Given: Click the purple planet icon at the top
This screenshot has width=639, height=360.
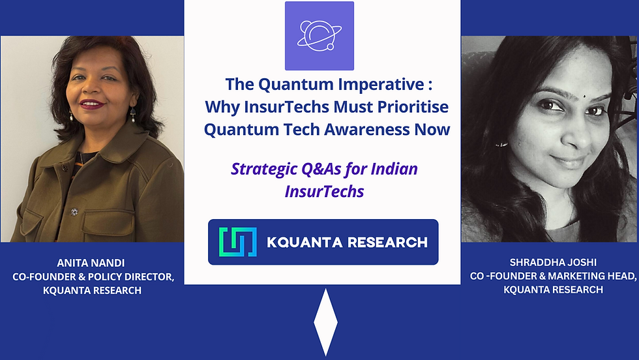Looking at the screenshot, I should pyautogui.click(x=319, y=35).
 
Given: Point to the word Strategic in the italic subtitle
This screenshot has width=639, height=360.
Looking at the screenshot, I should pyautogui.click(x=263, y=170).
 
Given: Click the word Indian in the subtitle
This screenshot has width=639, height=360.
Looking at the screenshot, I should pyautogui.click(x=395, y=170).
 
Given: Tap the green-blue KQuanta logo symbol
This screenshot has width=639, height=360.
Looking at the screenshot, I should pyautogui.click(x=238, y=242).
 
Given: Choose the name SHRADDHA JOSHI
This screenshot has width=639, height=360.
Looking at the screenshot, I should pyautogui.click(x=553, y=264).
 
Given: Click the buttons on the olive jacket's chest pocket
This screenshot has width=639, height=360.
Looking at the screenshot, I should pyautogui.click(x=74, y=211).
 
